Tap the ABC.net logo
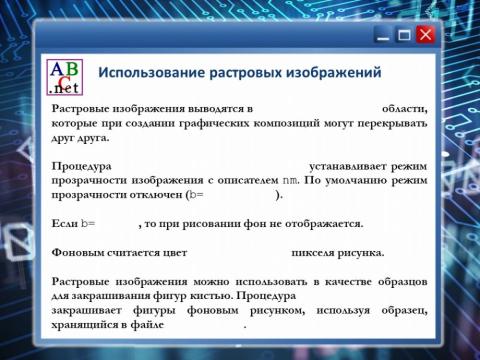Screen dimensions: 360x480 pyautogui.click(x=65, y=77)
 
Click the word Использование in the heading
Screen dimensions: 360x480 pyautogui.click(x=157, y=73)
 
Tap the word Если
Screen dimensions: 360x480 pyautogui.click(x=63, y=223)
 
